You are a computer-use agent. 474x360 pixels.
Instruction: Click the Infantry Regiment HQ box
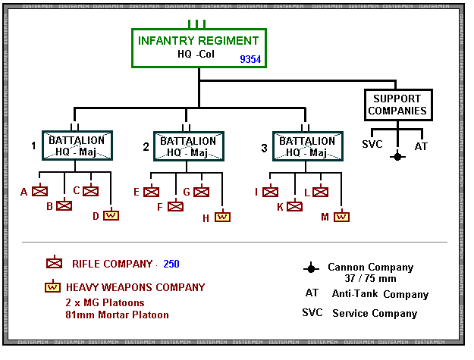[x=199, y=49]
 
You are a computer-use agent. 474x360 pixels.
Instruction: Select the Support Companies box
[x=397, y=105]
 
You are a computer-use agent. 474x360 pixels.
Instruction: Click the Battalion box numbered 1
[x=77, y=146]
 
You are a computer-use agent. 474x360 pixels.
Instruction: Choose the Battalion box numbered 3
[x=307, y=146]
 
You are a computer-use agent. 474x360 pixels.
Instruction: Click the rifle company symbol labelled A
[x=39, y=192]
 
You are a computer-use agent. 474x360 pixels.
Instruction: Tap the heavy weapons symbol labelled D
[x=111, y=215]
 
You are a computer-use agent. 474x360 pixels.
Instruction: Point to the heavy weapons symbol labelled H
[x=222, y=217]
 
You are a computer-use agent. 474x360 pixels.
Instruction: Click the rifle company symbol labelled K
[x=294, y=205]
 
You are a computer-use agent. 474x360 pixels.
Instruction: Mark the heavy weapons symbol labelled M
[x=342, y=217]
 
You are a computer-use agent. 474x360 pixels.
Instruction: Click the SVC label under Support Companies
[x=372, y=145]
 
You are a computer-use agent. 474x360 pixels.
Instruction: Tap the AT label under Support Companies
[x=421, y=145]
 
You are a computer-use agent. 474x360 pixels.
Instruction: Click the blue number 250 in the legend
[x=171, y=264]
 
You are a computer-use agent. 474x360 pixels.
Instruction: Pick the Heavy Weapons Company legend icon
[x=54, y=287]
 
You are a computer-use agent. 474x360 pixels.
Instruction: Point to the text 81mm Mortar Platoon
[x=117, y=315]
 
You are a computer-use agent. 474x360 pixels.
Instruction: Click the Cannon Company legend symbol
[x=310, y=268]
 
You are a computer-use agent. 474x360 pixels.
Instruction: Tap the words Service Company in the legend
[x=375, y=313]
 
